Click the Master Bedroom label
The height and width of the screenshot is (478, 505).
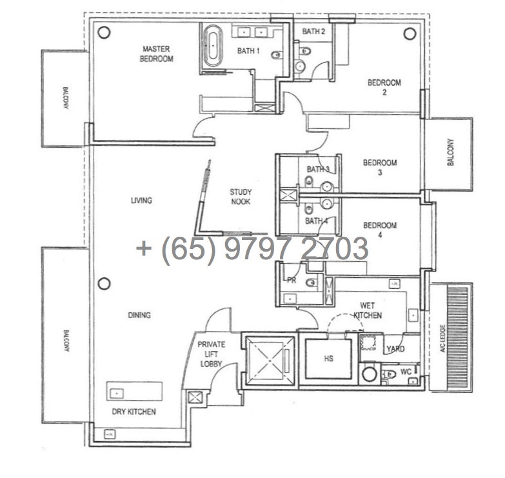(157, 54)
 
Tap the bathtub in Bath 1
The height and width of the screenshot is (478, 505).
(213, 46)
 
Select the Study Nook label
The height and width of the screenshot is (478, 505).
(241, 197)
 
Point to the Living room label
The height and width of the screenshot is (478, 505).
(141, 201)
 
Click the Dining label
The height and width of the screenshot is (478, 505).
(139, 315)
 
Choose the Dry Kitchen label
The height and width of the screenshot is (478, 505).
(134, 412)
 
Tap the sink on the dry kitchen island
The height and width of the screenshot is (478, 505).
(117, 393)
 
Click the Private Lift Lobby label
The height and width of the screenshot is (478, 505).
(212, 354)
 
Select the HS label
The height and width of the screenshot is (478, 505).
(328, 359)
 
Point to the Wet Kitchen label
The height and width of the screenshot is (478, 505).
(368, 310)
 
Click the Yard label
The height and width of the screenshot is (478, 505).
(395, 348)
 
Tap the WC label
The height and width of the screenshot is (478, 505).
(406, 372)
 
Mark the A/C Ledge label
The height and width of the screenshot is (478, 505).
(442, 338)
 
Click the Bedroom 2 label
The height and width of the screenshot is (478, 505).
(384, 87)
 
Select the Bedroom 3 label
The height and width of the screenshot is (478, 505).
(380, 168)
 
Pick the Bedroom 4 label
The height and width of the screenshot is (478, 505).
(380, 230)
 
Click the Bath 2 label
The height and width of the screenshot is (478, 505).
(313, 31)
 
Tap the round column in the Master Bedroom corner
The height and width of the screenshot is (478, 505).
(104, 32)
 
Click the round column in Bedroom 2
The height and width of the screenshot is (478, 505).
(410, 34)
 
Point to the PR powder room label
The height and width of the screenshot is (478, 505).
(292, 281)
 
